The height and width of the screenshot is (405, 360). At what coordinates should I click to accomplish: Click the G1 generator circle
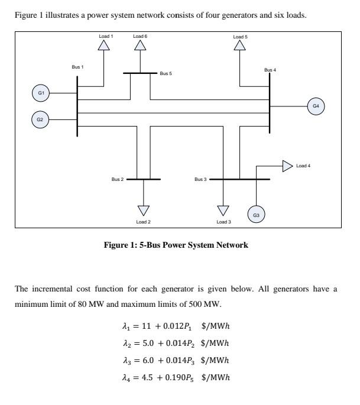[x=40, y=92]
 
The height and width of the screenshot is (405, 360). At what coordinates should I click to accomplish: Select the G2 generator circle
[x=40, y=119]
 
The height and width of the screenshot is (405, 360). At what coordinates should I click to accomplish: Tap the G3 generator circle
[x=256, y=215]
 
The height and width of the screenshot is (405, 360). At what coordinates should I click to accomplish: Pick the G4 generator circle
[x=316, y=106]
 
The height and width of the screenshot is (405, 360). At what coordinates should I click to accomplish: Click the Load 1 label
[x=106, y=37]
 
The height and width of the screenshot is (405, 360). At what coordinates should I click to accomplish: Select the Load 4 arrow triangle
[x=287, y=166]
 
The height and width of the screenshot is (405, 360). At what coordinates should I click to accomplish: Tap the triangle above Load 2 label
[x=144, y=209]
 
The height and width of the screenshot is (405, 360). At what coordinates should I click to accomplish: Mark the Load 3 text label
[x=223, y=222]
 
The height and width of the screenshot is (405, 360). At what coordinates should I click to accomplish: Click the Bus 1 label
[x=77, y=67]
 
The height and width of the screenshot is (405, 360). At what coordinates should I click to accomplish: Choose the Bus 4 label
[x=270, y=70]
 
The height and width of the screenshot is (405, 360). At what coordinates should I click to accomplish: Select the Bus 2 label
[x=118, y=179]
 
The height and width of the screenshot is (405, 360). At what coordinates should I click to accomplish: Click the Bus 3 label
[x=201, y=179]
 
